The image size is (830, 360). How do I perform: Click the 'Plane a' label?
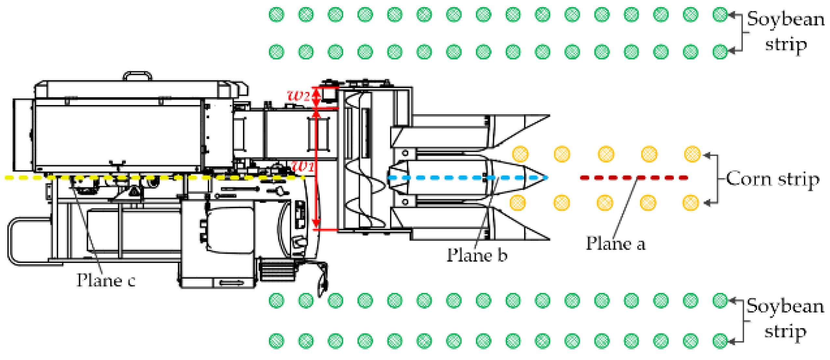click(615, 244)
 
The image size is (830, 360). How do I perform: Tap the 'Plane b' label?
click(477, 255)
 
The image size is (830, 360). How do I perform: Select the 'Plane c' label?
click(106, 280)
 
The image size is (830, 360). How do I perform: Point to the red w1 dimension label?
click(302, 167)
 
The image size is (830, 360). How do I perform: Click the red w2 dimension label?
click(299, 96)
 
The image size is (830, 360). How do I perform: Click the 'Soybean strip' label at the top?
click(785, 32)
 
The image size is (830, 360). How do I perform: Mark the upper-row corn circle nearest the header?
click(520, 154)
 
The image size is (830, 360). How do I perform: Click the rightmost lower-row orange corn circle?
click(690, 203)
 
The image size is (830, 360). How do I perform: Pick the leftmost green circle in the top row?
click(276, 15)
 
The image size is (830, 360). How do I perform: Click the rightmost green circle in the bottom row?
click(720, 341)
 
